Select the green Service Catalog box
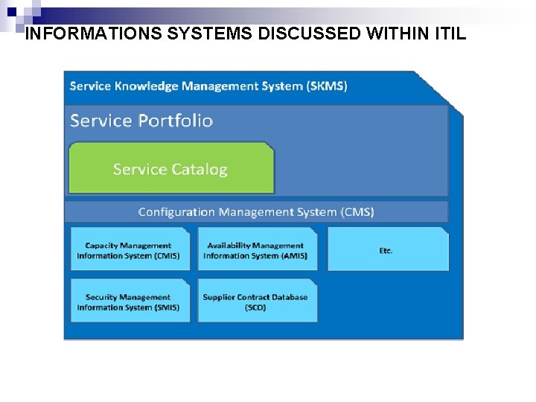coord(170,169)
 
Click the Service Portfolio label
coord(141,121)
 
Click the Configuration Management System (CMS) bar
coord(256,211)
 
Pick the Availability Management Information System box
coord(256,249)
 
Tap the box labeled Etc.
coord(387,249)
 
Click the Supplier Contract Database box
coord(256,301)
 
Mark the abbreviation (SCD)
coord(255,307)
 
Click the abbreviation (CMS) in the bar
coord(358,211)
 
